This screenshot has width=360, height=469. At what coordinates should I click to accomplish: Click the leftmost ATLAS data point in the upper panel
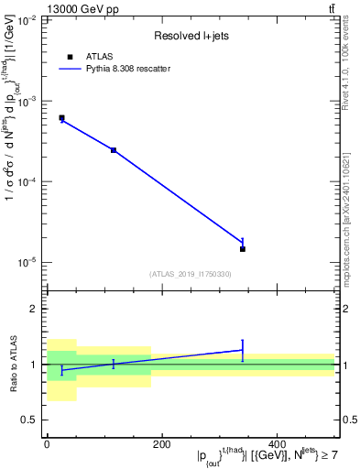click(x=61, y=118)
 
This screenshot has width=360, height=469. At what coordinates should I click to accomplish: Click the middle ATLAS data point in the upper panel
click(x=114, y=150)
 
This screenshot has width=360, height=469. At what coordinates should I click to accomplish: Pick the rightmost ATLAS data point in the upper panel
click(x=243, y=248)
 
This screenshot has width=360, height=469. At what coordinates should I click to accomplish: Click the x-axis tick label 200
click(x=162, y=444)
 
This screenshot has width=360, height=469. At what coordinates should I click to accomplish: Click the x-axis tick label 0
click(x=47, y=444)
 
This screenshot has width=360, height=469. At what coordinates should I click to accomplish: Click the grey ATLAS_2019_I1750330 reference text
click(x=191, y=274)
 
